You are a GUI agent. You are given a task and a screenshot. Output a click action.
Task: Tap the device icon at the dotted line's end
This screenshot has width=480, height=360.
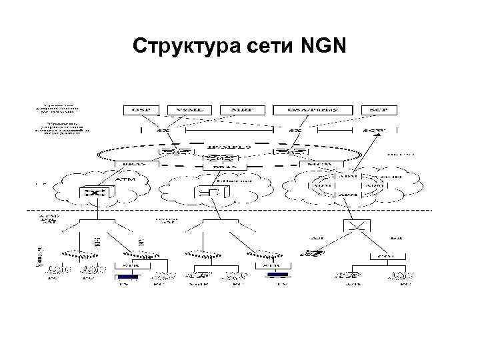(309, 253)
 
